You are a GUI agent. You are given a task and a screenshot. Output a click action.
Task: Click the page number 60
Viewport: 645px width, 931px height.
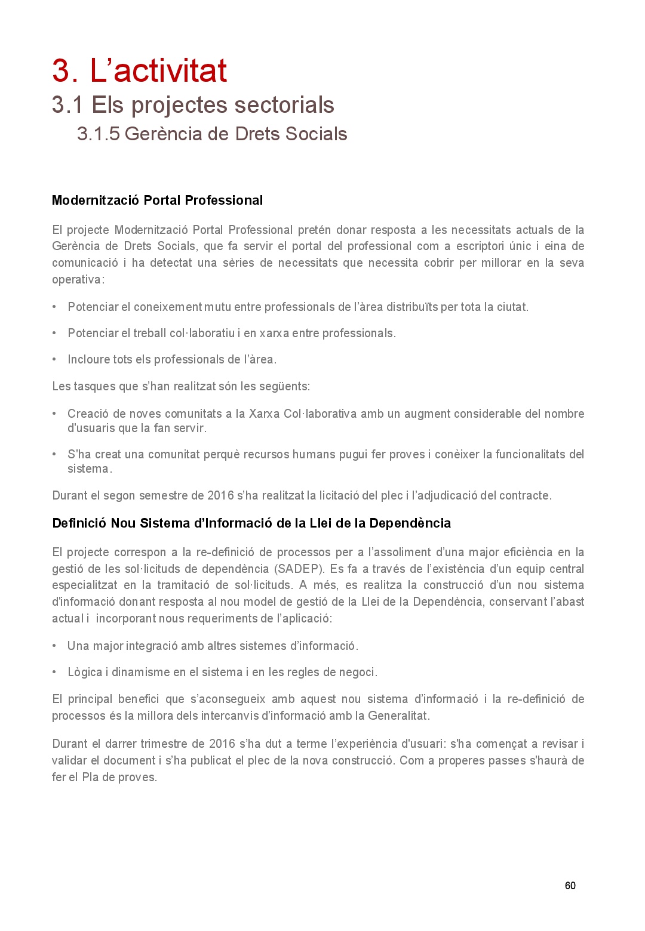tap(570, 886)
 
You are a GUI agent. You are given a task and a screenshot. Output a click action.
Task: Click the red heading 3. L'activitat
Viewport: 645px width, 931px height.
tap(139, 70)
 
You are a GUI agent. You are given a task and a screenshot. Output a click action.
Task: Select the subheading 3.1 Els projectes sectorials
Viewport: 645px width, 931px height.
tap(193, 105)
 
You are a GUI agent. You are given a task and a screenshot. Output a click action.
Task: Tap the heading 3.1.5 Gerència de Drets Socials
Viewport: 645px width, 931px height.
tap(212, 134)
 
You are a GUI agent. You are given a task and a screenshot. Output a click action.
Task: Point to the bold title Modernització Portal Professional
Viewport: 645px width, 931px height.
tap(157, 201)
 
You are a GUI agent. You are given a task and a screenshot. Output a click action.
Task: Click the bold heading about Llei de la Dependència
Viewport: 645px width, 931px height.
tap(251, 523)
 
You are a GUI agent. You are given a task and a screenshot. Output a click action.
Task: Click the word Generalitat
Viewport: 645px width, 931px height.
tap(398, 716)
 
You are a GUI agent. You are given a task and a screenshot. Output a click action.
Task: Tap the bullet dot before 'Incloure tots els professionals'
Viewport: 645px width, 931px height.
tap(54, 359)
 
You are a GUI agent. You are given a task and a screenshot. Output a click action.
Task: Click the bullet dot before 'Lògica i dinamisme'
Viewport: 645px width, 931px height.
tap(54, 672)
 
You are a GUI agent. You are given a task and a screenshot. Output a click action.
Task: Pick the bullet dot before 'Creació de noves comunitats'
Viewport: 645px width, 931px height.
tap(54, 414)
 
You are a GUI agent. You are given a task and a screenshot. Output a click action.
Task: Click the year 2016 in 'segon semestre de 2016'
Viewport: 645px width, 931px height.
tap(220, 495)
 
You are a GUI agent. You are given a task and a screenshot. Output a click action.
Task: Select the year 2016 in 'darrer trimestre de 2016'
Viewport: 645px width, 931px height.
tap(222, 744)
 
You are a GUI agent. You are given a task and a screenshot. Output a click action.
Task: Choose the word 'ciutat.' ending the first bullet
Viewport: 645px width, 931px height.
tap(512, 307)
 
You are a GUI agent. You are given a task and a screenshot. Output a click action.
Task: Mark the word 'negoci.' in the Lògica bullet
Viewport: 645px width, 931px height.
tap(358, 672)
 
